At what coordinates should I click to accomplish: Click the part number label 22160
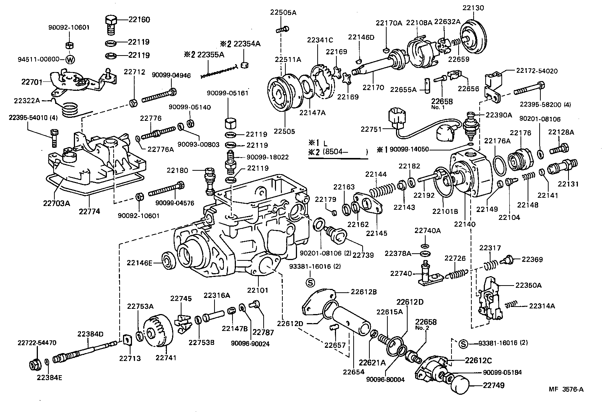139,20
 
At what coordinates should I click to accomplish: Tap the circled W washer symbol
70,59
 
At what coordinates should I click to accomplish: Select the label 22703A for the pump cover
56,203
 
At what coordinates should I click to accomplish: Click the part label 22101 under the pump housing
258,290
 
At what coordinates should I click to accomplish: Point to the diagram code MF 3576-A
566,389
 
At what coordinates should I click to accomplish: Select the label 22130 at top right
473,8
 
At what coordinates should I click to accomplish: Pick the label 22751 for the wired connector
371,129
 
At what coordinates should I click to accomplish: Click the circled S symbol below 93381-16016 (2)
310,282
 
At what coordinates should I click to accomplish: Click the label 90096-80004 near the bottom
385,379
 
